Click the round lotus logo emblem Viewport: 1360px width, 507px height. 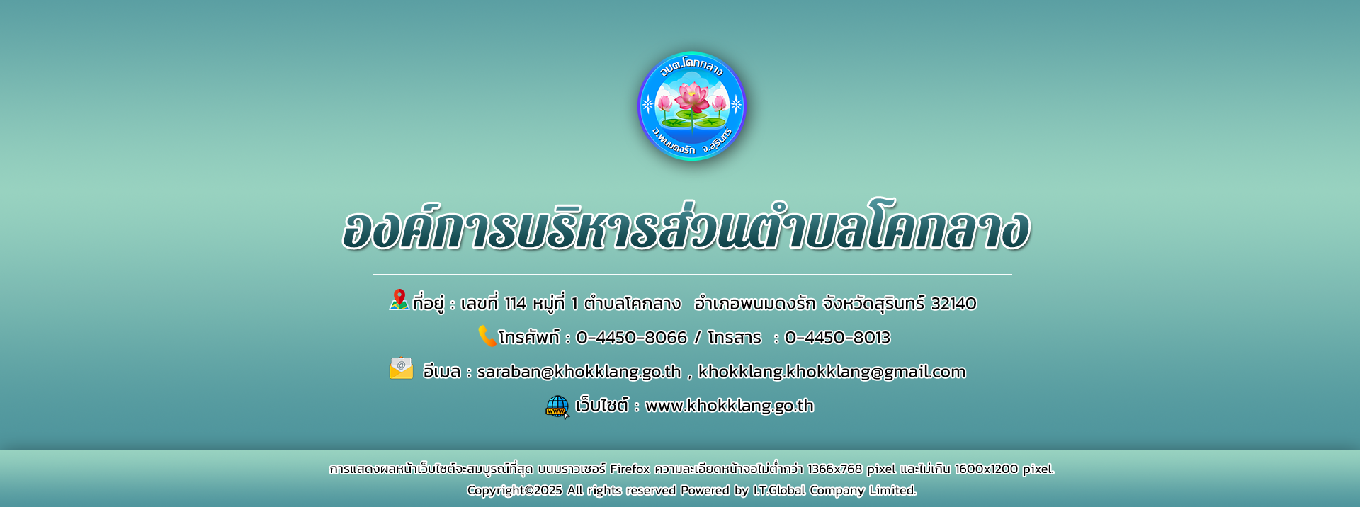pyautogui.click(x=692, y=106)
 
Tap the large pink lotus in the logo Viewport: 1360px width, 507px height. pyautogui.click(x=692, y=97)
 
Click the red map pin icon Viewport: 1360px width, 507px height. pyautogui.click(x=399, y=300)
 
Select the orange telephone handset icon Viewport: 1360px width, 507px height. pyautogui.click(x=487, y=336)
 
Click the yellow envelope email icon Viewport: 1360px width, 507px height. pyautogui.click(x=401, y=368)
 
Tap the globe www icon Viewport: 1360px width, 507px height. pyautogui.click(x=557, y=406)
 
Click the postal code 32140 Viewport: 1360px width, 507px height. pyautogui.click(x=953, y=304)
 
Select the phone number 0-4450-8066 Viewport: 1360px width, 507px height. pyautogui.click(x=632, y=338)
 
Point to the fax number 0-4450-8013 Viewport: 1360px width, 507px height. pyautogui.click(x=837, y=338)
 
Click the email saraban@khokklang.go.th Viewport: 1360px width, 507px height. pyautogui.click(x=579, y=372)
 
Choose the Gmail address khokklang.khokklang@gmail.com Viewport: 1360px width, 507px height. pyautogui.click(x=832, y=372)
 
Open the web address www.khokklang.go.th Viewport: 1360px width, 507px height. pyautogui.click(x=730, y=406)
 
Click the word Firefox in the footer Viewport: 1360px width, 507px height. pyautogui.click(x=630, y=469)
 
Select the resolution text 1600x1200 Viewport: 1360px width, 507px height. pyautogui.click(x=986, y=469)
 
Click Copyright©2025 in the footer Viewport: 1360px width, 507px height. pyautogui.click(x=514, y=490)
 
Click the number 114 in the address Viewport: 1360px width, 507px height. pyautogui.click(x=515, y=304)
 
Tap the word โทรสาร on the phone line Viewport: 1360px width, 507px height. pyautogui.click(x=735, y=338)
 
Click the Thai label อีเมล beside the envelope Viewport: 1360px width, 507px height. pyautogui.click(x=441, y=372)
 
